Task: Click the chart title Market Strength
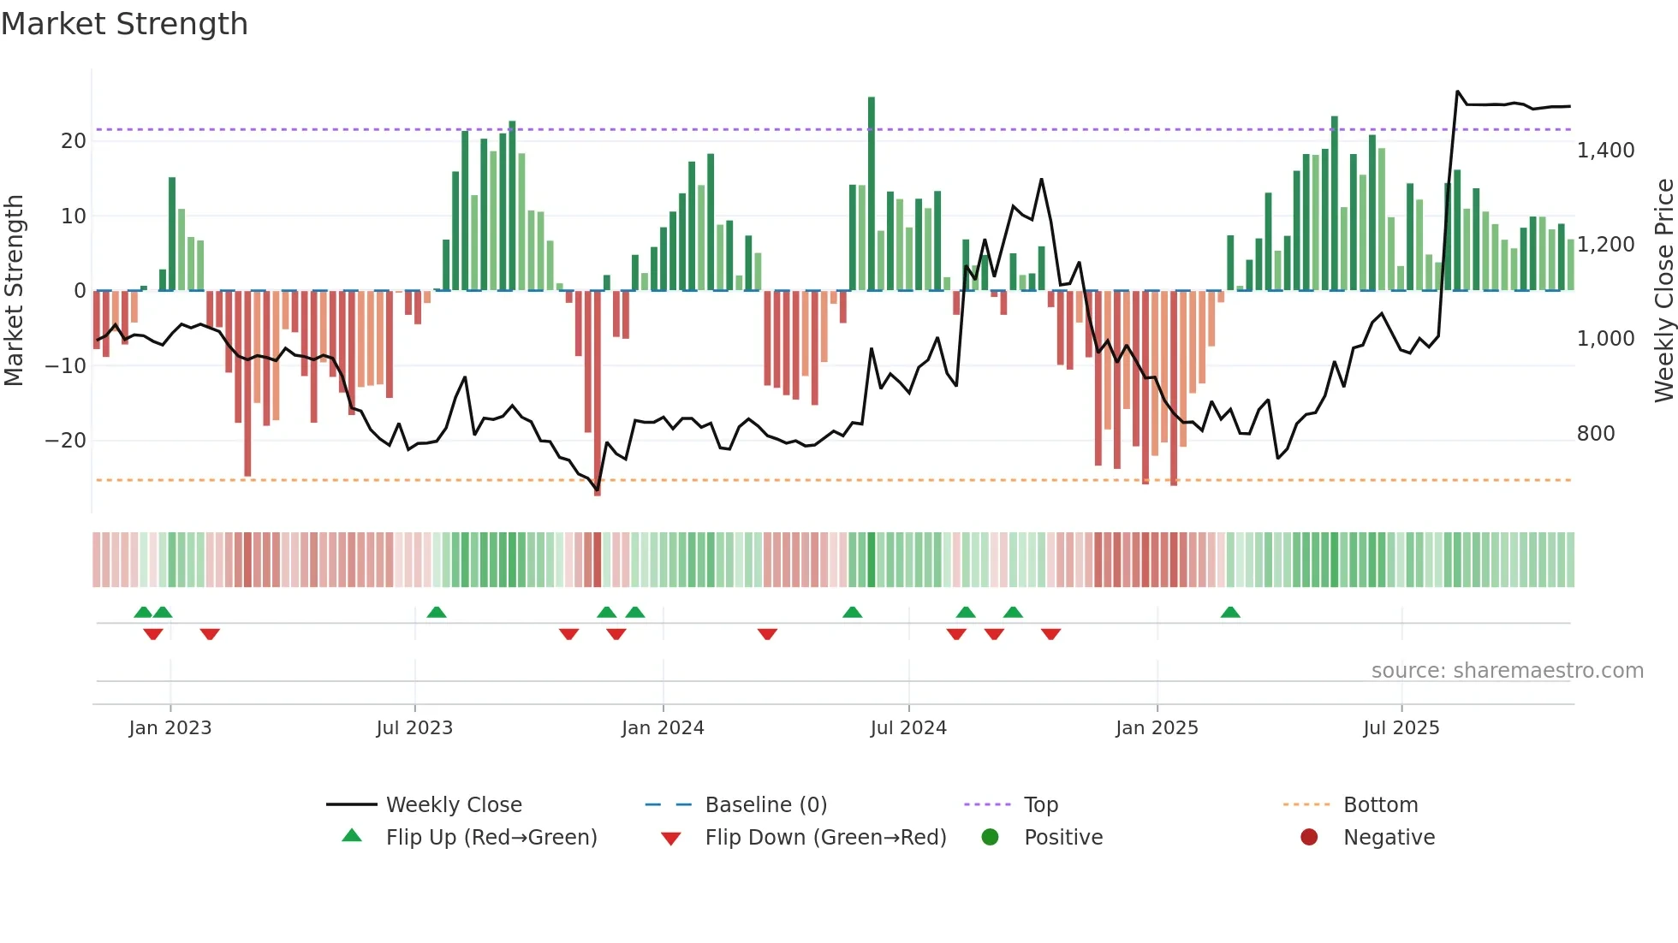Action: pos(124,24)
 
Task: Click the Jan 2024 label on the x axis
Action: pos(663,728)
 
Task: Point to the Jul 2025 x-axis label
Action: pos(1401,728)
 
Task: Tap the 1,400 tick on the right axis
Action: pos(1605,151)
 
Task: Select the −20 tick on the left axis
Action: pos(66,441)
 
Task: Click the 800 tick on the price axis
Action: pos(1596,434)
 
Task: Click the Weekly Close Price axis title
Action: pos(1663,291)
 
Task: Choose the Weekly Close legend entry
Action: pos(454,805)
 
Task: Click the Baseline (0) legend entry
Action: pos(765,805)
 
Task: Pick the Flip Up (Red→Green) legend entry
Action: pos(491,838)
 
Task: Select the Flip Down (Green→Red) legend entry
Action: pos(825,838)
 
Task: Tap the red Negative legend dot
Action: pos(1309,838)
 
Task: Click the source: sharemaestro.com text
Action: pos(1507,671)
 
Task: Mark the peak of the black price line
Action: pos(1458,92)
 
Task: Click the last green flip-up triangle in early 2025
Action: pos(1230,613)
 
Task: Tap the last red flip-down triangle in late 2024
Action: pos(1051,634)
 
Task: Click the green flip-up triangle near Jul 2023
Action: pos(437,613)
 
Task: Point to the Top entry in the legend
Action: pos(1040,805)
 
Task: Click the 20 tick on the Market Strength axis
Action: pos(74,141)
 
